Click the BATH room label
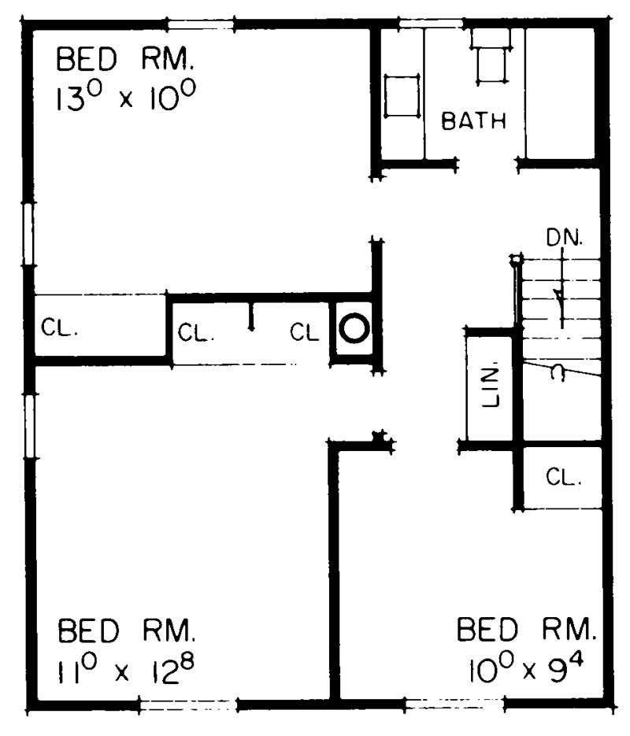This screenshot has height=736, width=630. click(473, 120)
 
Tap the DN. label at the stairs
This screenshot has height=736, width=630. click(565, 238)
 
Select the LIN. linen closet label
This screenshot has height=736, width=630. click(491, 387)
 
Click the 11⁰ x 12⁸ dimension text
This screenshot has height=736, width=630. click(125, 667)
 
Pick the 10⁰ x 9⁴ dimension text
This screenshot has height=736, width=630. click(526, 667)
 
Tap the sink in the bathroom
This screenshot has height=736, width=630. click(402, 96)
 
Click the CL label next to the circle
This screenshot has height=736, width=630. click(304, 332)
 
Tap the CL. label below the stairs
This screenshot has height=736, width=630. click(563, 477)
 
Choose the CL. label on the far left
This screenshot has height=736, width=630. click(59, 327)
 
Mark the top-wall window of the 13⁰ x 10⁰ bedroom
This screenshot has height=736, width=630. click(201, 24)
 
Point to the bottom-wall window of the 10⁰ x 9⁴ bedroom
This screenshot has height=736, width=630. click(454, 704)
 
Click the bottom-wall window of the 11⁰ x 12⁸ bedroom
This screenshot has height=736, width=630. click(187, 705)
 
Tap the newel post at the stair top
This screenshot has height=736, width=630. click(517, 259)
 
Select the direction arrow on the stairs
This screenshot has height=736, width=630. click(561, 289)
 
